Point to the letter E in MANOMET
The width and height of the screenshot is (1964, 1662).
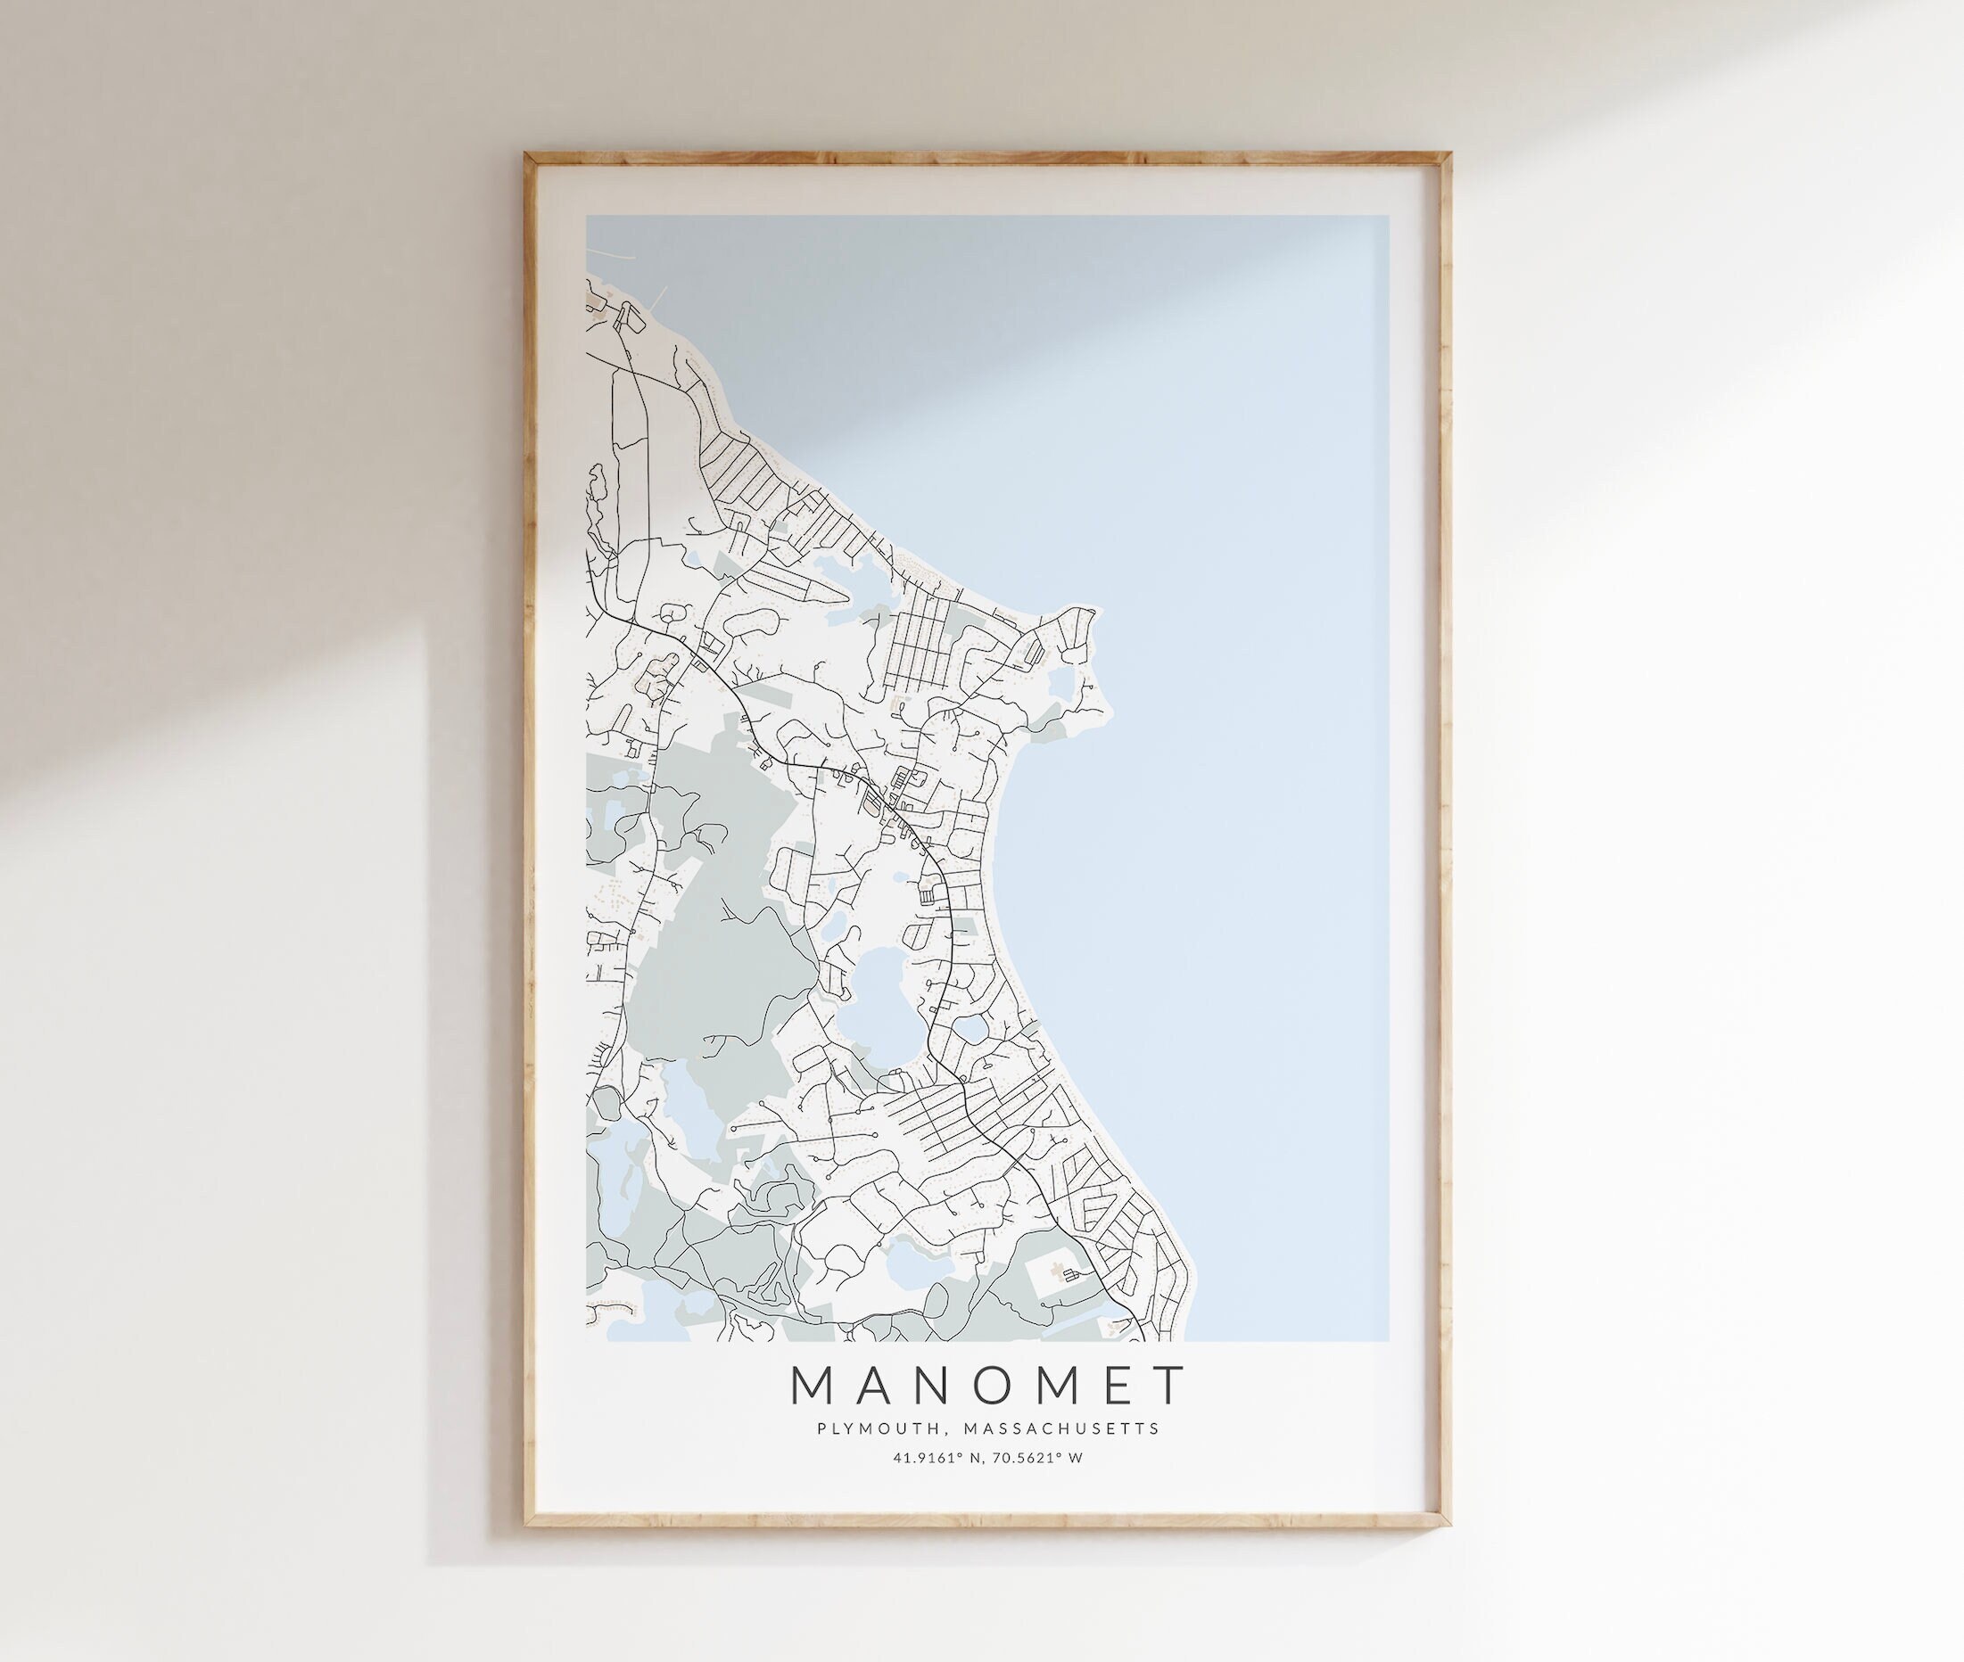tap(1118, 1384)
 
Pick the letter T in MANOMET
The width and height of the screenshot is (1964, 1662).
tap(1169, 1384)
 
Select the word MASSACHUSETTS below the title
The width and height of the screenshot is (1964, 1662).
tap(1058, 1429)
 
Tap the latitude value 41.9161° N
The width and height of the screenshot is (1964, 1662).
tap(936, 1459)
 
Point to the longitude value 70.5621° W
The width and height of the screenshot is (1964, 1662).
tap(1038, 1459)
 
